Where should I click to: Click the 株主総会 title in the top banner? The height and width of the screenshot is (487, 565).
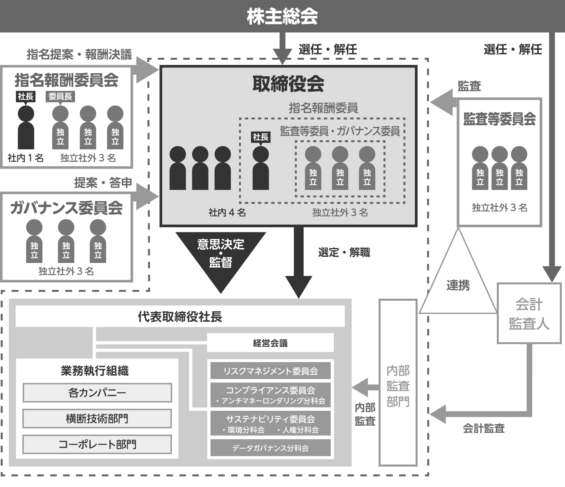click(282, 16)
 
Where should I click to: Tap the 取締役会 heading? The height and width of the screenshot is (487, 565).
click(288, 84)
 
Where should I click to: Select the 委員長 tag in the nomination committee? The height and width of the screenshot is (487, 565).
click(60, 96)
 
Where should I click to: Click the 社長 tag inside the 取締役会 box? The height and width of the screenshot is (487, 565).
click(261, 137)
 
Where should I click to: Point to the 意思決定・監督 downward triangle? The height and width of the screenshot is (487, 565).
click(221, 256)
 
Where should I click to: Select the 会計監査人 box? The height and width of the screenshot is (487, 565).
click(529, 314)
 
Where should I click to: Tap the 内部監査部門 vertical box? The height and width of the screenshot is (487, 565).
click(398, 383)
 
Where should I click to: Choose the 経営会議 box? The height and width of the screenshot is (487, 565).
click(270, 343)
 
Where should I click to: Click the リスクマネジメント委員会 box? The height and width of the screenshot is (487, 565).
click(270, 371)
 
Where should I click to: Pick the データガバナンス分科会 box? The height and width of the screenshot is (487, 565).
click(270, 448)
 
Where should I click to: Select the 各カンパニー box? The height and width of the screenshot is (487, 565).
click(97, 393)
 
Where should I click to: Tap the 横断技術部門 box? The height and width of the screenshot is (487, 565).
click(97, 418)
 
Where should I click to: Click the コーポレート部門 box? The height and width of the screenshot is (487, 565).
click(97, 444)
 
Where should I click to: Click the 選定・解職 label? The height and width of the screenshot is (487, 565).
click(344, 253)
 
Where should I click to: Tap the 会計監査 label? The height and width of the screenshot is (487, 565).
click(483, 429)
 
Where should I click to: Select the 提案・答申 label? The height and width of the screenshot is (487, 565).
click(103, 183)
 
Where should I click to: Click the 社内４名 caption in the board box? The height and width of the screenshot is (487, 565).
click(227, 213)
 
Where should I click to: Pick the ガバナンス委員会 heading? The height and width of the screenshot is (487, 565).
click(66, 208)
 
